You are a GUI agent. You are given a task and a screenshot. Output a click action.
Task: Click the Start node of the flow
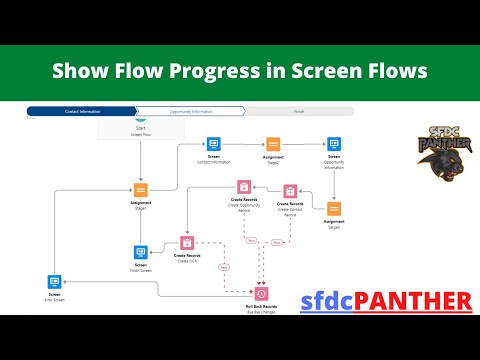[x=139, y=132]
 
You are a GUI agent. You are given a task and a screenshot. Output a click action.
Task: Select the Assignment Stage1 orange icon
[x=139, y=191]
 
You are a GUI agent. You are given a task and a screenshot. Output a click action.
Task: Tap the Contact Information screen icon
[x=213, y=145]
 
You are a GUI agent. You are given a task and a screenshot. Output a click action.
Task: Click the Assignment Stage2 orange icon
[x=273, y=145]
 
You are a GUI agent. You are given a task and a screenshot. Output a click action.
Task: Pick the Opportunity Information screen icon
[x=334, y=145]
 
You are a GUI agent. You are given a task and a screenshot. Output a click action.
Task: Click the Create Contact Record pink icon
[x=289, y=190]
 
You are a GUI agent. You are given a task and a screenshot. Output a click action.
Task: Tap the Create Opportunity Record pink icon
[x=243, y=187]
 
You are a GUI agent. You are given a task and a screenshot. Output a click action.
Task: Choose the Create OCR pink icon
[x=186, y=242]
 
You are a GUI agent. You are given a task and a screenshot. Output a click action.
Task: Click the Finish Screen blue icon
[x=140, y=252]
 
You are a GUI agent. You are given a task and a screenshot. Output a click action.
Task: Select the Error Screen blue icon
[x=54, y=283]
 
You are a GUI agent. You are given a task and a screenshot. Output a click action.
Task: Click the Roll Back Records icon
[x=261, y=293]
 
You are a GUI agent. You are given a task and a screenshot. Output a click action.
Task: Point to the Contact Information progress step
[x=80, y=112]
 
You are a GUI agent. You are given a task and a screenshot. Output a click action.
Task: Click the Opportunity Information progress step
[x=188, y=112]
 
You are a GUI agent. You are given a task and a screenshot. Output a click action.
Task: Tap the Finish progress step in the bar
[x=298, y=112]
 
